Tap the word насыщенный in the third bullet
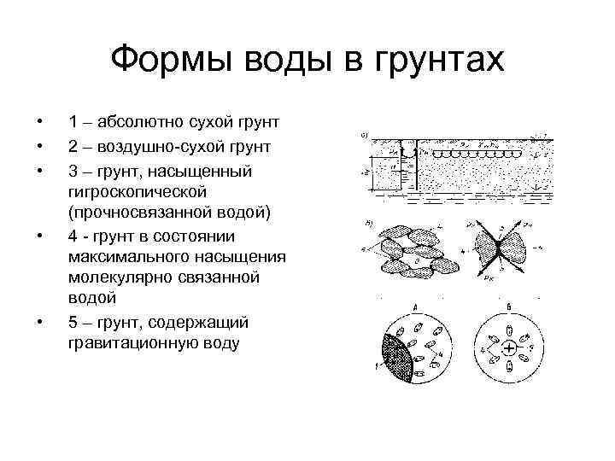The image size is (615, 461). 200,172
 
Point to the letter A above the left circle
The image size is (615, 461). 415,306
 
